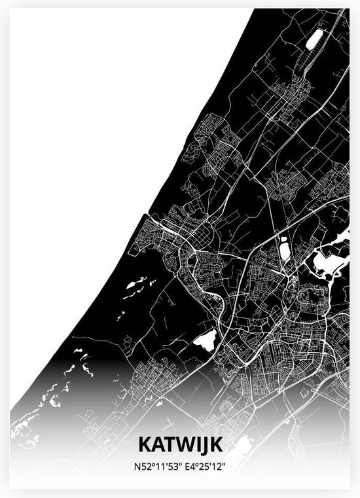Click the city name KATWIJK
180,445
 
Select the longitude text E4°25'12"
207,466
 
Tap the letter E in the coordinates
189,466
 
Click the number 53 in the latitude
169,466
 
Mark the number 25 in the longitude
205,466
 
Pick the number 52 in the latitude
141,466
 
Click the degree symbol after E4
198,463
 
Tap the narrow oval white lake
285,249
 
